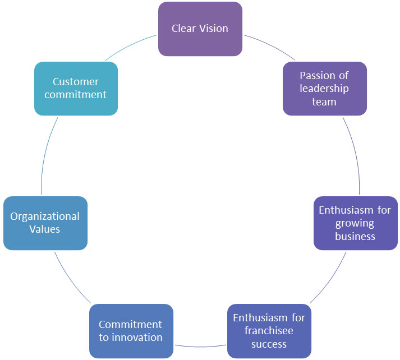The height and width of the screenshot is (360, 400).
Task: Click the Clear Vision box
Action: [x=200, y=29]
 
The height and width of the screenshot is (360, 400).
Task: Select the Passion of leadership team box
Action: [x=325, y=89]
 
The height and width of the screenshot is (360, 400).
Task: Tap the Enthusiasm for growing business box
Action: [x=356, y=223]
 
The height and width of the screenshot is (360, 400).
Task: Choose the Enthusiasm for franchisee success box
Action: [x=269, y=331]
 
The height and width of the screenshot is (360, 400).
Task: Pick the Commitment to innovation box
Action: [x=131, y=331]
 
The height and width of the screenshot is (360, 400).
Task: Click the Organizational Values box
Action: [x=45, y=223]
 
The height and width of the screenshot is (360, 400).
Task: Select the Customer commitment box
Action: [x=76, y=89]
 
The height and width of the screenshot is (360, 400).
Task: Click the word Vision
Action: [x=214, y=28]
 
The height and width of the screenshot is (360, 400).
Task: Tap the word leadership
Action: [x=324, y=89]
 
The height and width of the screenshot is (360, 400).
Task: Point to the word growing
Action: [x=355, y=224]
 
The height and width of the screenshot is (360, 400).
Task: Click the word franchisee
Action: [x=269, y=331]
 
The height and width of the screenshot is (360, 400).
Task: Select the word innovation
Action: [x=137, y=338]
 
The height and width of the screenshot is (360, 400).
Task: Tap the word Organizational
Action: [x=45, y=216]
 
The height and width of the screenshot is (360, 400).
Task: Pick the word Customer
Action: [x=76, y=82]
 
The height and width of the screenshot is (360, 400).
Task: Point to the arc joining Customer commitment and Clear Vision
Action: [x=130, y=45]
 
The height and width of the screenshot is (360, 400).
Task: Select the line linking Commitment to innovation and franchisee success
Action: [x=200, y=347]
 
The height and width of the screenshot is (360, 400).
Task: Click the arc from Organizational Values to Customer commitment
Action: [x=45, y=155]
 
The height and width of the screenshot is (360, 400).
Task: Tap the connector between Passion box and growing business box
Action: [x=355, y=155]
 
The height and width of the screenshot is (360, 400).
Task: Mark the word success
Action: [x=269, y=344]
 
